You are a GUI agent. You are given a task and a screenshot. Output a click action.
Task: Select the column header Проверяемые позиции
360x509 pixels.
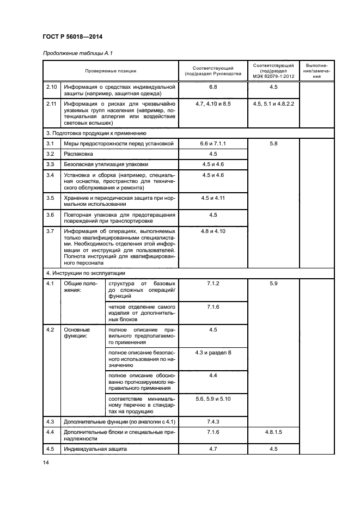click(111, 71)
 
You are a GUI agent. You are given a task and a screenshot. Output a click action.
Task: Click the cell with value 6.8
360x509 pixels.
click(212, 87)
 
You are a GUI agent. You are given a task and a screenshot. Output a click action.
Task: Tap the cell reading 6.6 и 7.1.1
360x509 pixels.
click(212, 143)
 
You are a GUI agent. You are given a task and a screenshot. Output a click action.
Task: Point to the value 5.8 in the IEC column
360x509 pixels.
click(273, 143)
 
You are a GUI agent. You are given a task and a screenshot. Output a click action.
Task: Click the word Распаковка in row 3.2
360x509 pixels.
click(78, 154)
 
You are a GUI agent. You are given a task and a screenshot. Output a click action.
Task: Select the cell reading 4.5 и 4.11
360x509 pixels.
click(212, 198)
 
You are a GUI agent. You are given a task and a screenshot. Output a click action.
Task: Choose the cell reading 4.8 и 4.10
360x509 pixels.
click(212, 231)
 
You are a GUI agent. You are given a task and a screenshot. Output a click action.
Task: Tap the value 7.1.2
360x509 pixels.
click(212, 284)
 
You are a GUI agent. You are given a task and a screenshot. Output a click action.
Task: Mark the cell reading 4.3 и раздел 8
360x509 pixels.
click(212, 353)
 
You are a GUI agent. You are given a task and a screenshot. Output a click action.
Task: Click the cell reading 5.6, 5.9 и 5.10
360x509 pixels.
click(212, 399)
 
